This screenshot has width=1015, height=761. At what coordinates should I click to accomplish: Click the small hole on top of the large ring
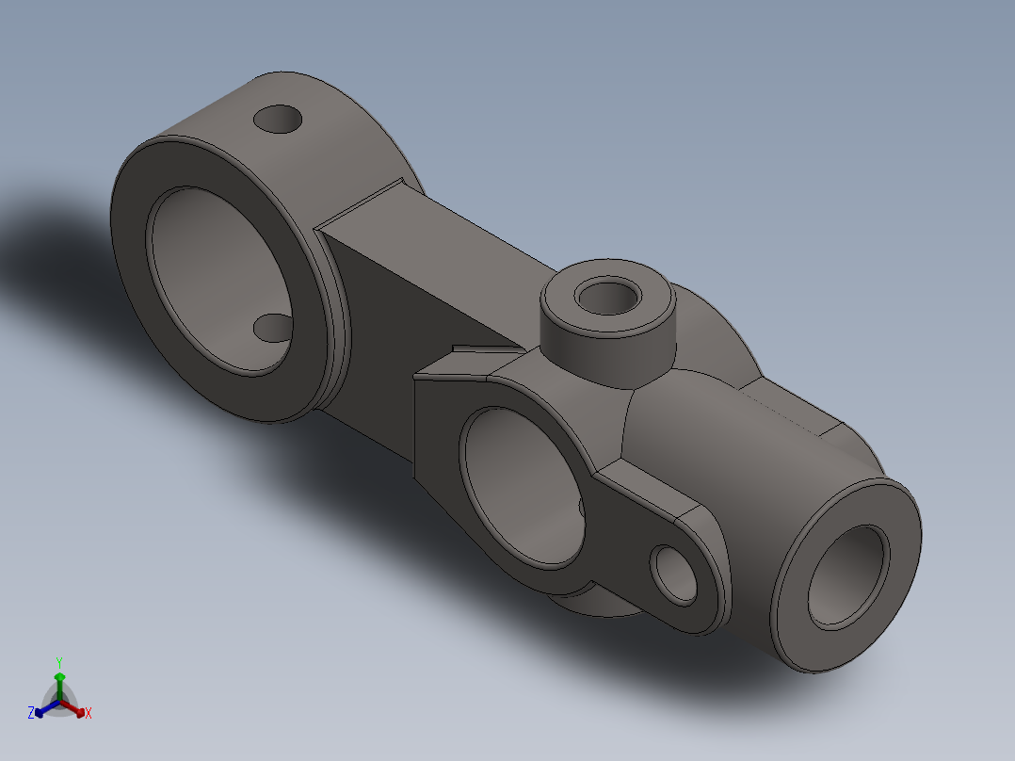[278, 120]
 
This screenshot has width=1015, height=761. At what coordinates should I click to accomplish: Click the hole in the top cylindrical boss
[607, 296]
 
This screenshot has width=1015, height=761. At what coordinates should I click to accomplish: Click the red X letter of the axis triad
[88, 713]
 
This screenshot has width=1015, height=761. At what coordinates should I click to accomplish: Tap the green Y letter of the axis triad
[59, 662]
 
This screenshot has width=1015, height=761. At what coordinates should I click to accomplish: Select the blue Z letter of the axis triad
[31, 713]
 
